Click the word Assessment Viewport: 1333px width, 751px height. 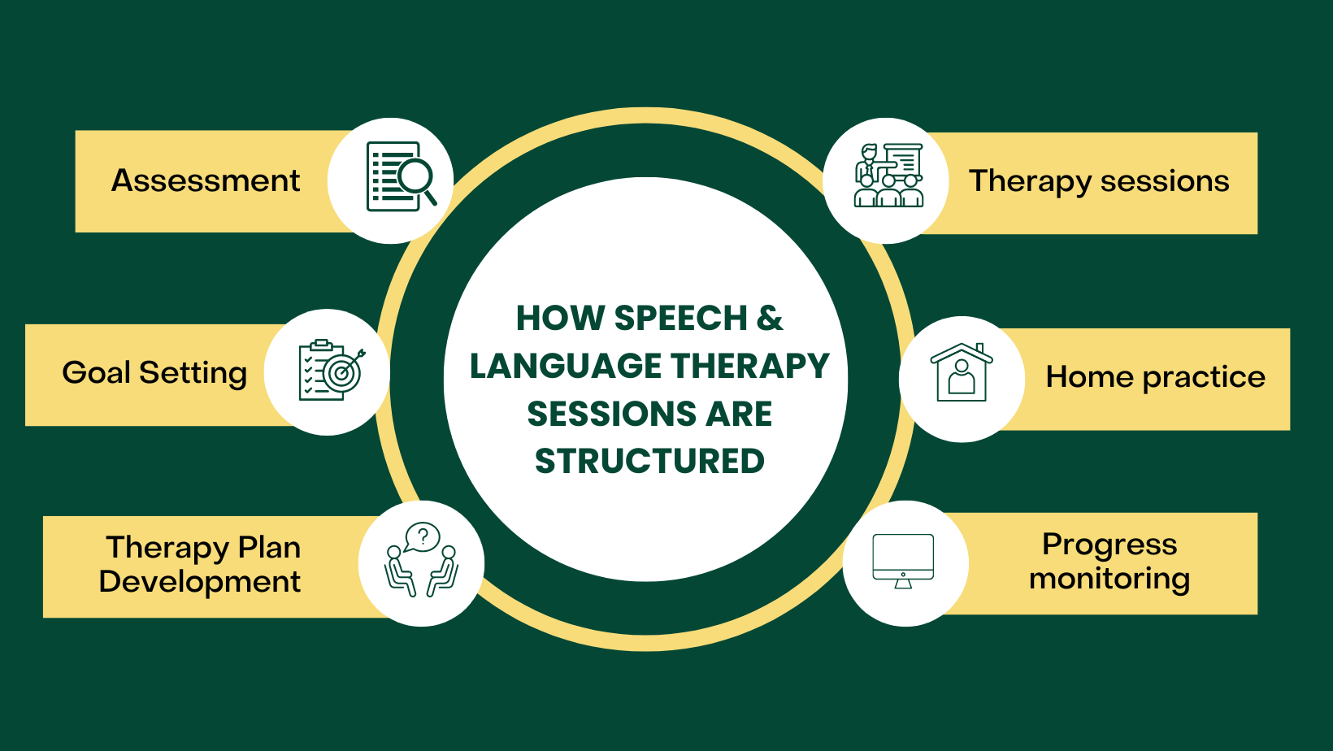click(x=206, y=180)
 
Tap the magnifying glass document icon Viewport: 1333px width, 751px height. click(x=402, y=176)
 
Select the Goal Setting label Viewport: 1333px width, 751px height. click(x=154, y=373)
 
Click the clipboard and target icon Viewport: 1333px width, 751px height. click(x=331, y=371)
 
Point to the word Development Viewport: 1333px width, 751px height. click(x=200, y=582)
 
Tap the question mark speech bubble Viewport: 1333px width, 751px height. click(x=423, y=536)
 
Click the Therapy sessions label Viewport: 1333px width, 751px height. click(x=1099, y=181)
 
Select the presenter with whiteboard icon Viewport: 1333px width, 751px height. click(x=888, y=176)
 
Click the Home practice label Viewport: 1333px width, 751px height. click(x=1155, y=377)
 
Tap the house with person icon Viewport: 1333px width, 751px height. click(x=962, y=373)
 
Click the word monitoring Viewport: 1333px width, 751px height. click(x=1109, y=579)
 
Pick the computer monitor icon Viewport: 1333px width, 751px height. click(x=903, y=560)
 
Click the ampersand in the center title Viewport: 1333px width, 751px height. click(x=770, y=318)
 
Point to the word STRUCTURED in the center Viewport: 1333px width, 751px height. click(x=649, y=462)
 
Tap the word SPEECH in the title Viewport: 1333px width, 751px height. click(x=680, y=318)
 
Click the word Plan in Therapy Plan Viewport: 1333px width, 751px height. click(x=269, y=547)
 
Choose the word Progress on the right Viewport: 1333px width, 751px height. click(x=1109, y=544)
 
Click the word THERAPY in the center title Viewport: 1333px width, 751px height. click(x=750, y=366)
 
